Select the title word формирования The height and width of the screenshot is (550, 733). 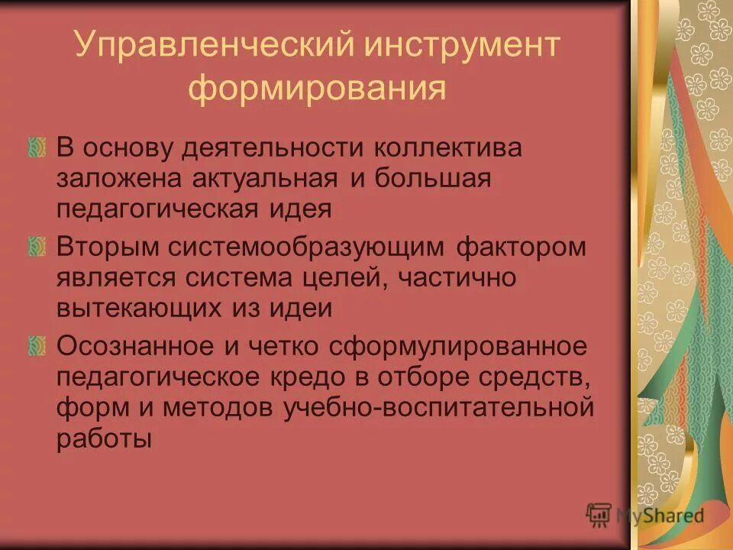pyautogui.click(x=317, y=89)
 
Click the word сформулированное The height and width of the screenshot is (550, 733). pyautogui.click(x=457, y=346)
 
